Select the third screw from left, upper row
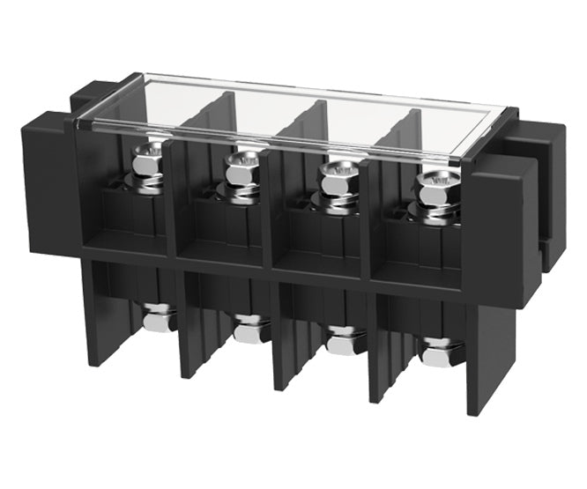tap(334, 174)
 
